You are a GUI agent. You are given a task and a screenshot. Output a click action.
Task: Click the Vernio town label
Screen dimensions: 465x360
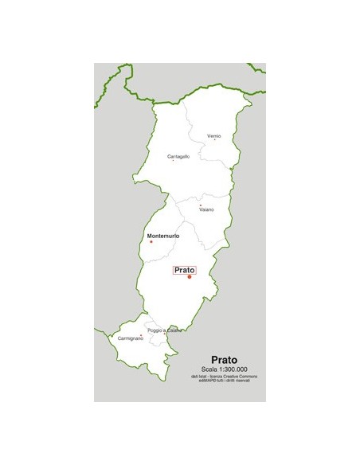click(x=213, y=136)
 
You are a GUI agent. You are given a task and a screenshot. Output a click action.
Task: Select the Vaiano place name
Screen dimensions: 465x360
click(x=206, y=209)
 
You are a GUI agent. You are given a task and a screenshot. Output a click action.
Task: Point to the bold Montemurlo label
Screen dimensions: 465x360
click(x=163, y=236)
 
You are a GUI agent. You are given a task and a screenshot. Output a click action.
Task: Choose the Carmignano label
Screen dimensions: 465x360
click(x=130, y=339)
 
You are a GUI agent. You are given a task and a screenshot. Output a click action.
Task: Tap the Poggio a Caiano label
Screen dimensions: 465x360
click(x=164, y=330)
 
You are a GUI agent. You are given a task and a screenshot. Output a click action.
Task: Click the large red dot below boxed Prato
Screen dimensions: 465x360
click(x=190, y=277)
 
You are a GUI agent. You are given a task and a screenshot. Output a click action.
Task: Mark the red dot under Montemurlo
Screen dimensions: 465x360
click(x=151, y=242)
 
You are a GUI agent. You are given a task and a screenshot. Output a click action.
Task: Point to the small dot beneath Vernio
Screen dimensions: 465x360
click(x=213, y=141)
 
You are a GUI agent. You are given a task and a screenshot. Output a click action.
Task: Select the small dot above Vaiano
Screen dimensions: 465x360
click(x=200, y=205)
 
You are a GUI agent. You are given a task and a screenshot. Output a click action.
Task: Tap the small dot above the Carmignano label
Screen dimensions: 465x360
click(x=142, y=334)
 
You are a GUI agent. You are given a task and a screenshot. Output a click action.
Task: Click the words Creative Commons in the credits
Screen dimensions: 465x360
click(x=240, y=376)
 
